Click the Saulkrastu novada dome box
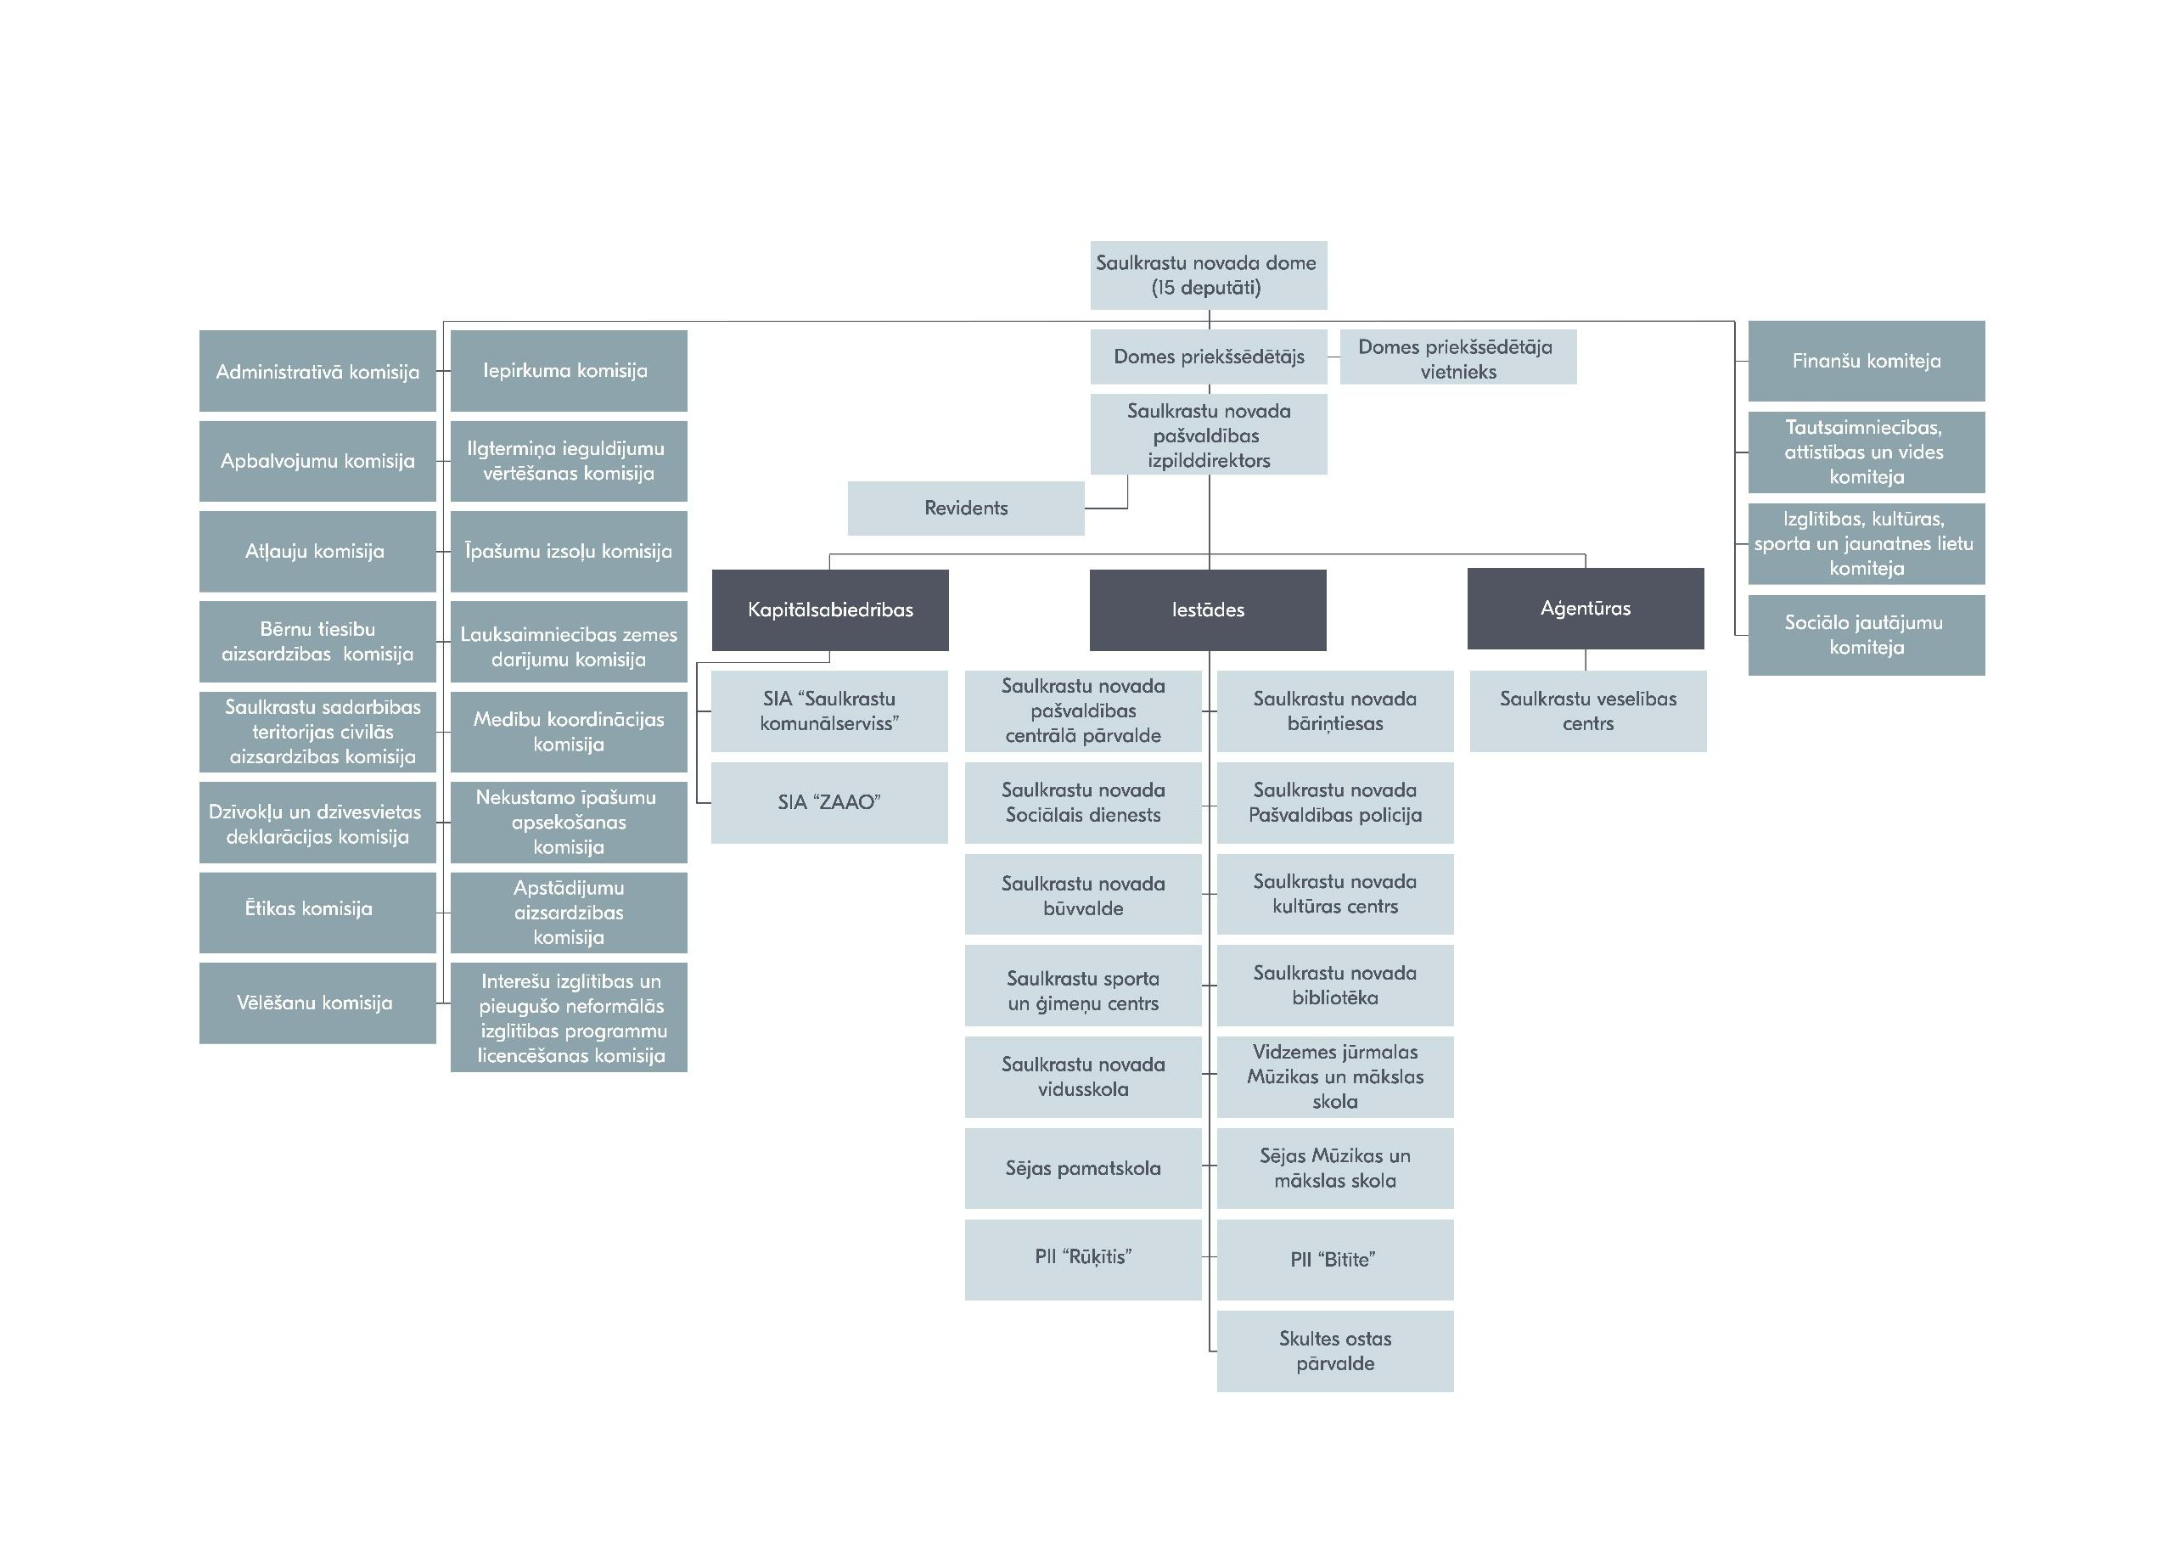pos(1208,275)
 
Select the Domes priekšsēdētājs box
pos(1208,357)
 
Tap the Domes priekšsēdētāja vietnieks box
pos(1457,357)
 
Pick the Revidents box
pos(965,508)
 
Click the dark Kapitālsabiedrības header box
pos(829,610)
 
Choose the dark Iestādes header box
pos(1208,610)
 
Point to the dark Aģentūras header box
pos(1585,609)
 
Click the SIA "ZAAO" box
pos(828,802)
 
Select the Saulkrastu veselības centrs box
pos(1587,711)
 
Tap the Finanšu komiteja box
pos(1866,361)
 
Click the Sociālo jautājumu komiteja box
pos(1866,635)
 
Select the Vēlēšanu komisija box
pos(317,1003)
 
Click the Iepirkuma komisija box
pos(568,371)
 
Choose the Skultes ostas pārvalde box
pos(1334,1351)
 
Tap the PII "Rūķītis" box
pos(1082,1259)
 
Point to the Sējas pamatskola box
pos(1082,1168)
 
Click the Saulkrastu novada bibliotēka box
pos(1334,985)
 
